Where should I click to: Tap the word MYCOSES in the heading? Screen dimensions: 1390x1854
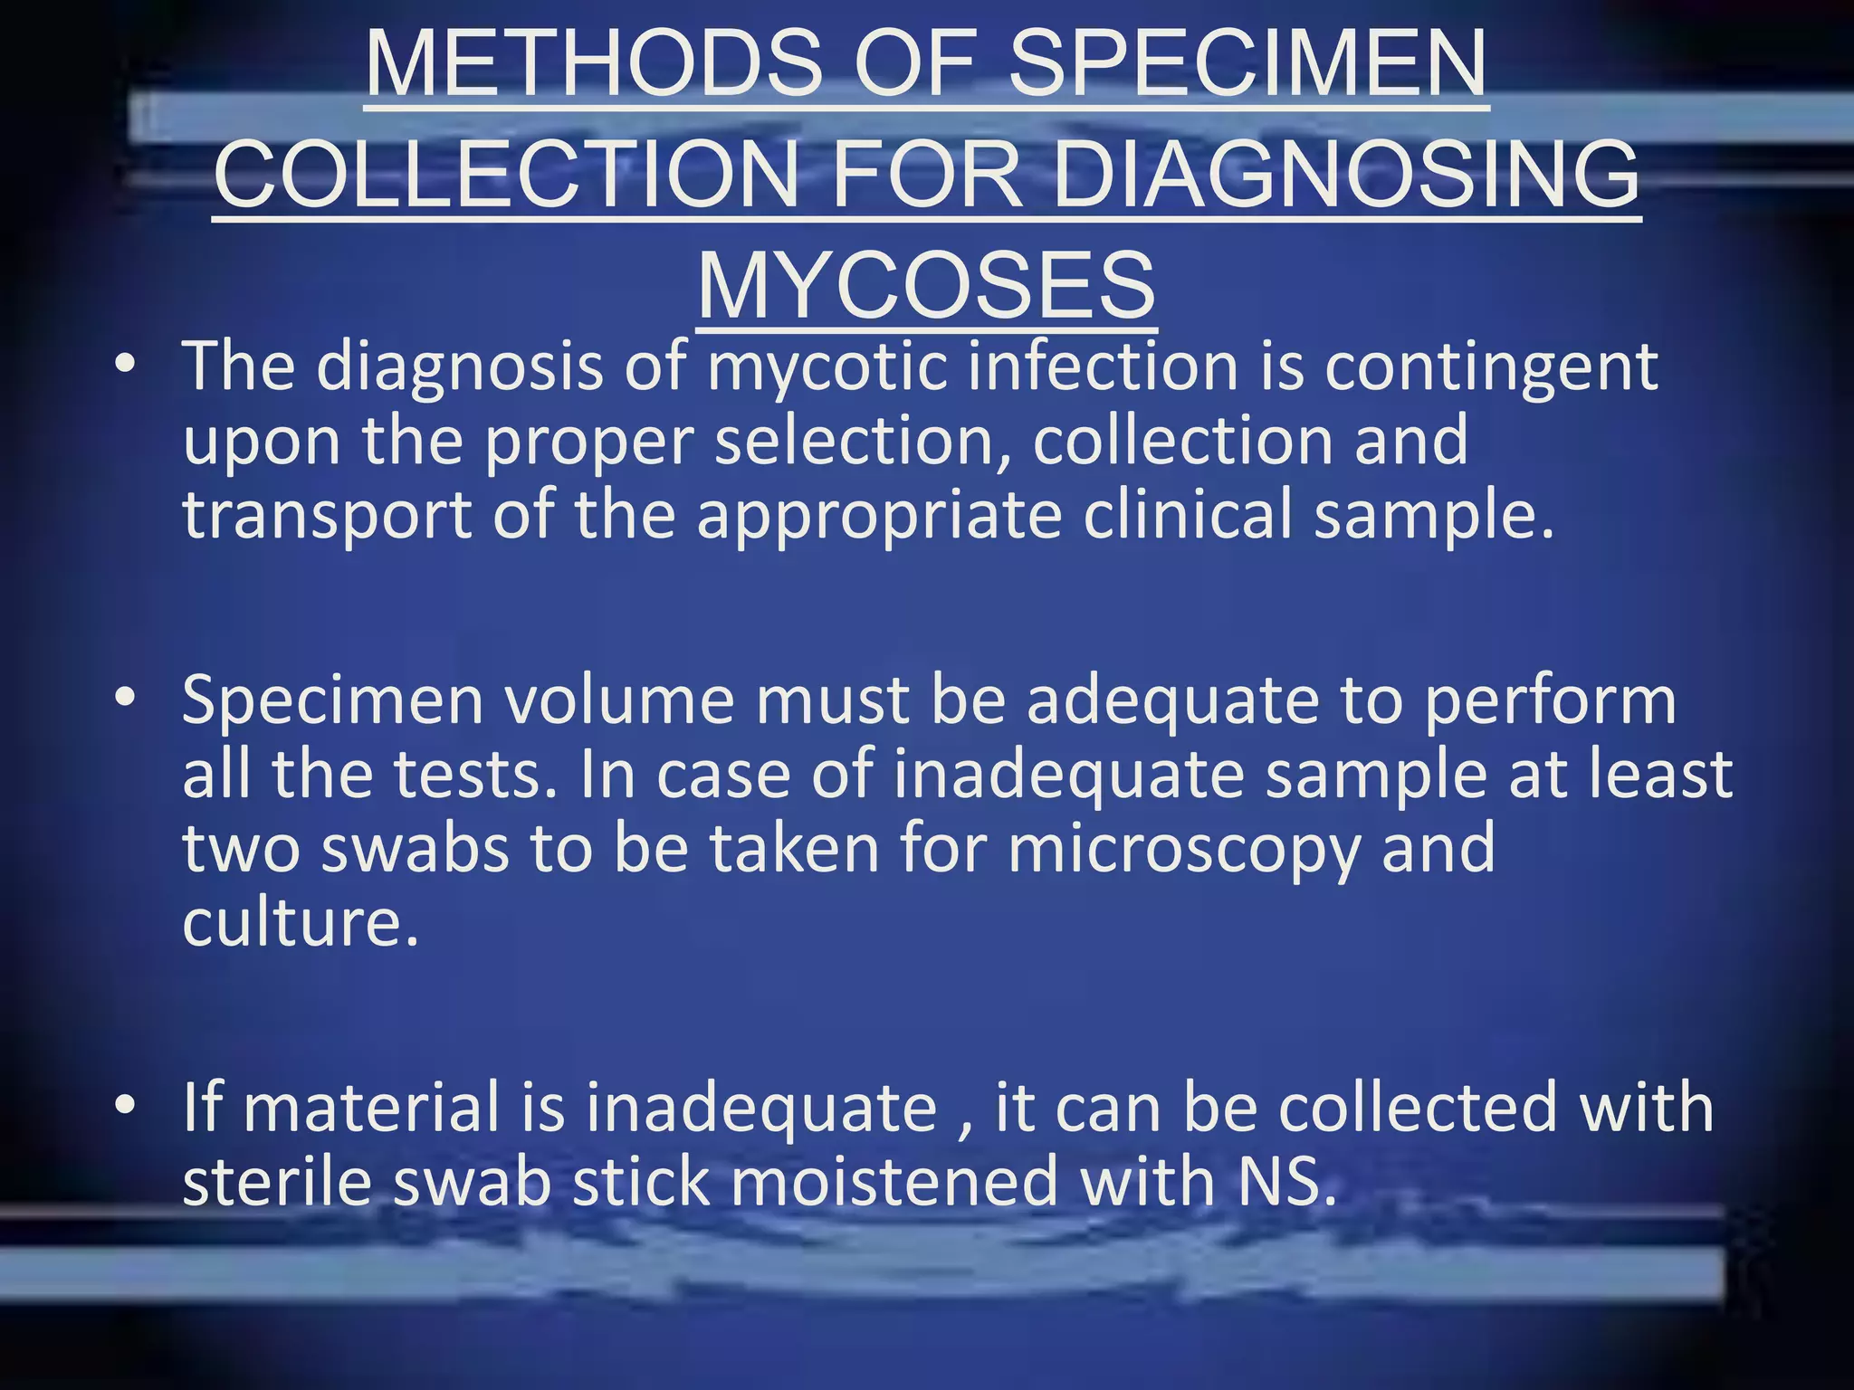coord(926,285)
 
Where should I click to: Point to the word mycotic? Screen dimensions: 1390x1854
coord(824,367)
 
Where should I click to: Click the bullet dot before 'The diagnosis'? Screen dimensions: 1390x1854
coord(126,365)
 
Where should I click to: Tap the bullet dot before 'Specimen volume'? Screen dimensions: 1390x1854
coord(126,698)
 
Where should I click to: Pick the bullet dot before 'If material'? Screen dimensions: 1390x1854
coord(126,1105)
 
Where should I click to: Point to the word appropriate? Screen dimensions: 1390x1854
coord(879,516)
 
